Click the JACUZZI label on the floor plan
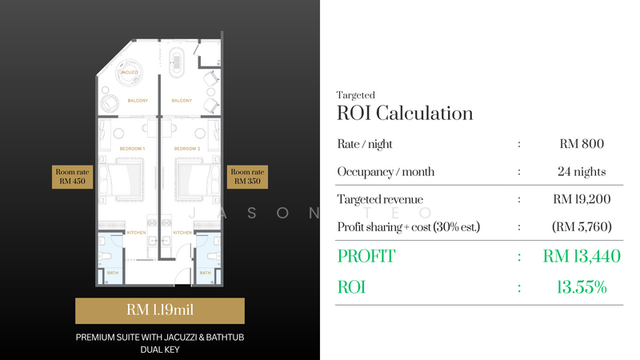click(x=128, y=72)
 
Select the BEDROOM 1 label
click(x=132, y=149)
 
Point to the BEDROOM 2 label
click(x=186, y=149)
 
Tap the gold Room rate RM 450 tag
click(x=70, y=177)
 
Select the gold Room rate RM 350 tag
click(x=247, y=177)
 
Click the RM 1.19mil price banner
click(x=159, y=310)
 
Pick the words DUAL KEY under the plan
click(x=159, y=349)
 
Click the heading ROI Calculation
click(x=405, y=113)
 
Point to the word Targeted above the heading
click(x=356, y=94)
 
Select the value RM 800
click(x=582, y=144)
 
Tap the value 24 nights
click(x=582, y=171)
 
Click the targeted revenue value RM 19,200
click(x=582, y=199)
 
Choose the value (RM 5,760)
click(x=582, y=226)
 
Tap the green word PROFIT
click(x=366, y=257)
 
